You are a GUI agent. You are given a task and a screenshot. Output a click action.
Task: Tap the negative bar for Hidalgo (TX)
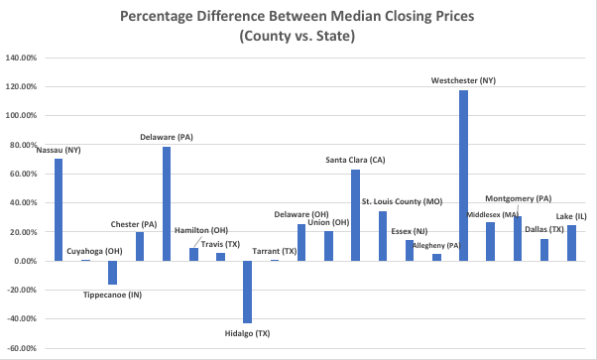(x=247, y=292)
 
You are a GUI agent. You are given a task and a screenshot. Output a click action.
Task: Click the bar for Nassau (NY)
(x=59, y=209)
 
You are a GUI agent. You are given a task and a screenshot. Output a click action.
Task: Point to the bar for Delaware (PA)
(x=167, y=203)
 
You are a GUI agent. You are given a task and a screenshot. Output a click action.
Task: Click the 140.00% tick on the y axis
(x=22, y=58)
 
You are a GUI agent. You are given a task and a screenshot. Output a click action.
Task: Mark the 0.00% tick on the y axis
(x=25, y=261)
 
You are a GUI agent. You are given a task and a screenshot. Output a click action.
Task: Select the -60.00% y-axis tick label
(x=22, y=348)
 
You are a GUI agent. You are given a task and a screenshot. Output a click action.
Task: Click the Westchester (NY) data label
(x=463, y=80)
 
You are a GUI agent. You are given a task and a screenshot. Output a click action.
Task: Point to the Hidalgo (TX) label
(x=247, y=333)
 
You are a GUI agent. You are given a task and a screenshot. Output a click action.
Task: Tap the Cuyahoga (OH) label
(x=93, y=251)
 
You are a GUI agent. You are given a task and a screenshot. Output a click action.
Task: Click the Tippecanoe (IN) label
(x=112, y=295)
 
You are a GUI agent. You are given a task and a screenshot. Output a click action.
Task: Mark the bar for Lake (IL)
(x=571, y=243)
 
